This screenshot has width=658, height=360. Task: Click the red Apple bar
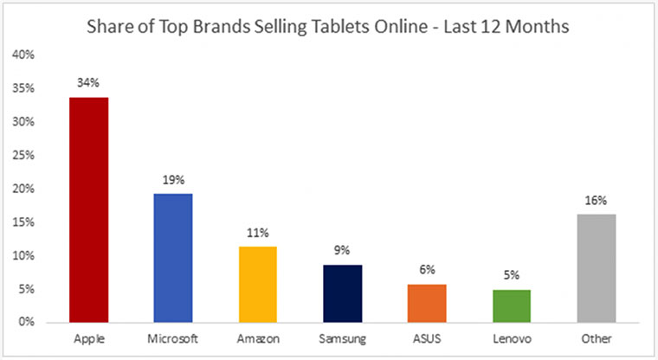pos(89,209)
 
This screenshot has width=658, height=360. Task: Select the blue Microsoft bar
pos(173,258)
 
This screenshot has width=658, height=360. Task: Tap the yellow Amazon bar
pos(258,284)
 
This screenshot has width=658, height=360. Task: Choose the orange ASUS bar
pos(428,303)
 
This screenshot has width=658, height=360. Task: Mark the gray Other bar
pos(597,268)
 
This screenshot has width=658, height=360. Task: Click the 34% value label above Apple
pos(89,84)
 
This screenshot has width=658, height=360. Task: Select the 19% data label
pos(173,180)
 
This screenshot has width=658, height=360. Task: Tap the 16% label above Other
pos(597,201)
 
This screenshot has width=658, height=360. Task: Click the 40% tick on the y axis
pos(23,55)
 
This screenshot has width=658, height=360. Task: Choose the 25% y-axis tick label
pos(23,156)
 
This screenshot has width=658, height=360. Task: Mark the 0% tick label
pos(26,323)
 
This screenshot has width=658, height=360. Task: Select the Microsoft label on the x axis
pos(173,338)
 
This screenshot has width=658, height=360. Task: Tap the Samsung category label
pos(343,338)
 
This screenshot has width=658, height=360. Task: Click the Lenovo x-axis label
pos(513,338)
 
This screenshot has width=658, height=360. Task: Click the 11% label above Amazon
pos(258,233)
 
